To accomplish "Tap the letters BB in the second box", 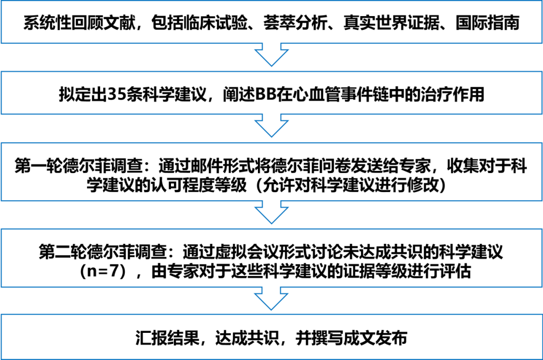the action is (265, 94).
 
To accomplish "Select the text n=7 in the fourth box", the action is (103, 271).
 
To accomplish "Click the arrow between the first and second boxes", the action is (271, 55).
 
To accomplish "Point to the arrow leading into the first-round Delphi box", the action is (271, 126).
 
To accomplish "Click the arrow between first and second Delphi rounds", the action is (271, 212).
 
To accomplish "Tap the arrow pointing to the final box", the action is (271, 298).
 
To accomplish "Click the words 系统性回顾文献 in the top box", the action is (79, 23).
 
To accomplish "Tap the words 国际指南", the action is (487, 23).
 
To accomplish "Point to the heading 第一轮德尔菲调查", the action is (78, 166).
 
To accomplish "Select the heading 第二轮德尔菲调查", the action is (103, 252).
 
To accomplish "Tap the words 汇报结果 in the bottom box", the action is (167, 338).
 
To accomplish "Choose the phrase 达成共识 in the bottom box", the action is (247, 338).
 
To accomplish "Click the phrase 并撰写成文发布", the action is (351, 338).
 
